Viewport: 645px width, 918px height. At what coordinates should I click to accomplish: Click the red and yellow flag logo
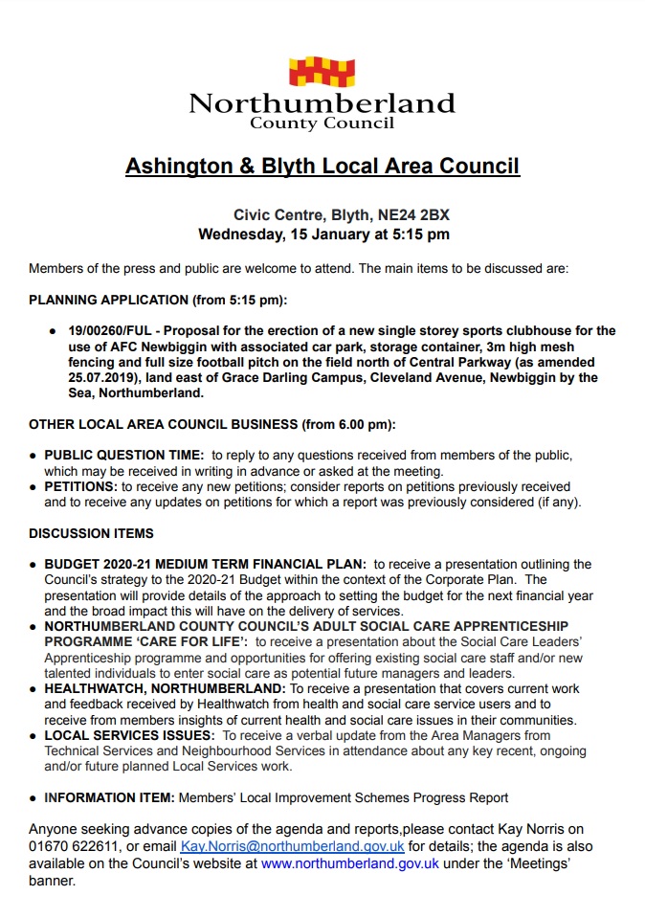coord(322,73)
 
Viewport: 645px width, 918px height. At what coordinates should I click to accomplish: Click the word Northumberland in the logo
coord(322,102)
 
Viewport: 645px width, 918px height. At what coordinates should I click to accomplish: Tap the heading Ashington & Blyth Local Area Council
coord(322,166)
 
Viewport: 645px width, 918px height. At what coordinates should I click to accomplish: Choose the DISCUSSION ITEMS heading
coord(91,533)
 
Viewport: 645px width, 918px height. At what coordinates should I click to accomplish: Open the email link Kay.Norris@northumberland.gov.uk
coord(293,847)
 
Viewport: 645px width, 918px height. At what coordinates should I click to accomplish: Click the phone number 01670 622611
coord(73,847)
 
